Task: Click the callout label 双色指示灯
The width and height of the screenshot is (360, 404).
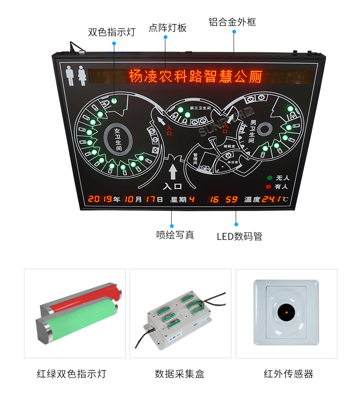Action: coord(111,33)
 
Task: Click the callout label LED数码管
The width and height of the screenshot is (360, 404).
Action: coord(239,236)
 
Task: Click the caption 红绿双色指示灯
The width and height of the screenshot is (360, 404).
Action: coord(72,374)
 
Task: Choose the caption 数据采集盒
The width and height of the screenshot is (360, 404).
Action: coord(180,374)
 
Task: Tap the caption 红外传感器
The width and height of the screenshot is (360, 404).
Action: coord(288,374)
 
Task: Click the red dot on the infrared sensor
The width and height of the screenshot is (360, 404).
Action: coord(286,313)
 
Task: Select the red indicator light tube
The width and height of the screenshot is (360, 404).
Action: coord(84,300)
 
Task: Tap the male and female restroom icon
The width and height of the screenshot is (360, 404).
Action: coord(77,76)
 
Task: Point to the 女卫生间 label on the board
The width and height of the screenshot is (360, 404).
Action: coord(118,140)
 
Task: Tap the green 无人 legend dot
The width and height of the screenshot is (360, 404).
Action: coord(270,178)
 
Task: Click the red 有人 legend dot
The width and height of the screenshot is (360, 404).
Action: coord(270,187)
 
